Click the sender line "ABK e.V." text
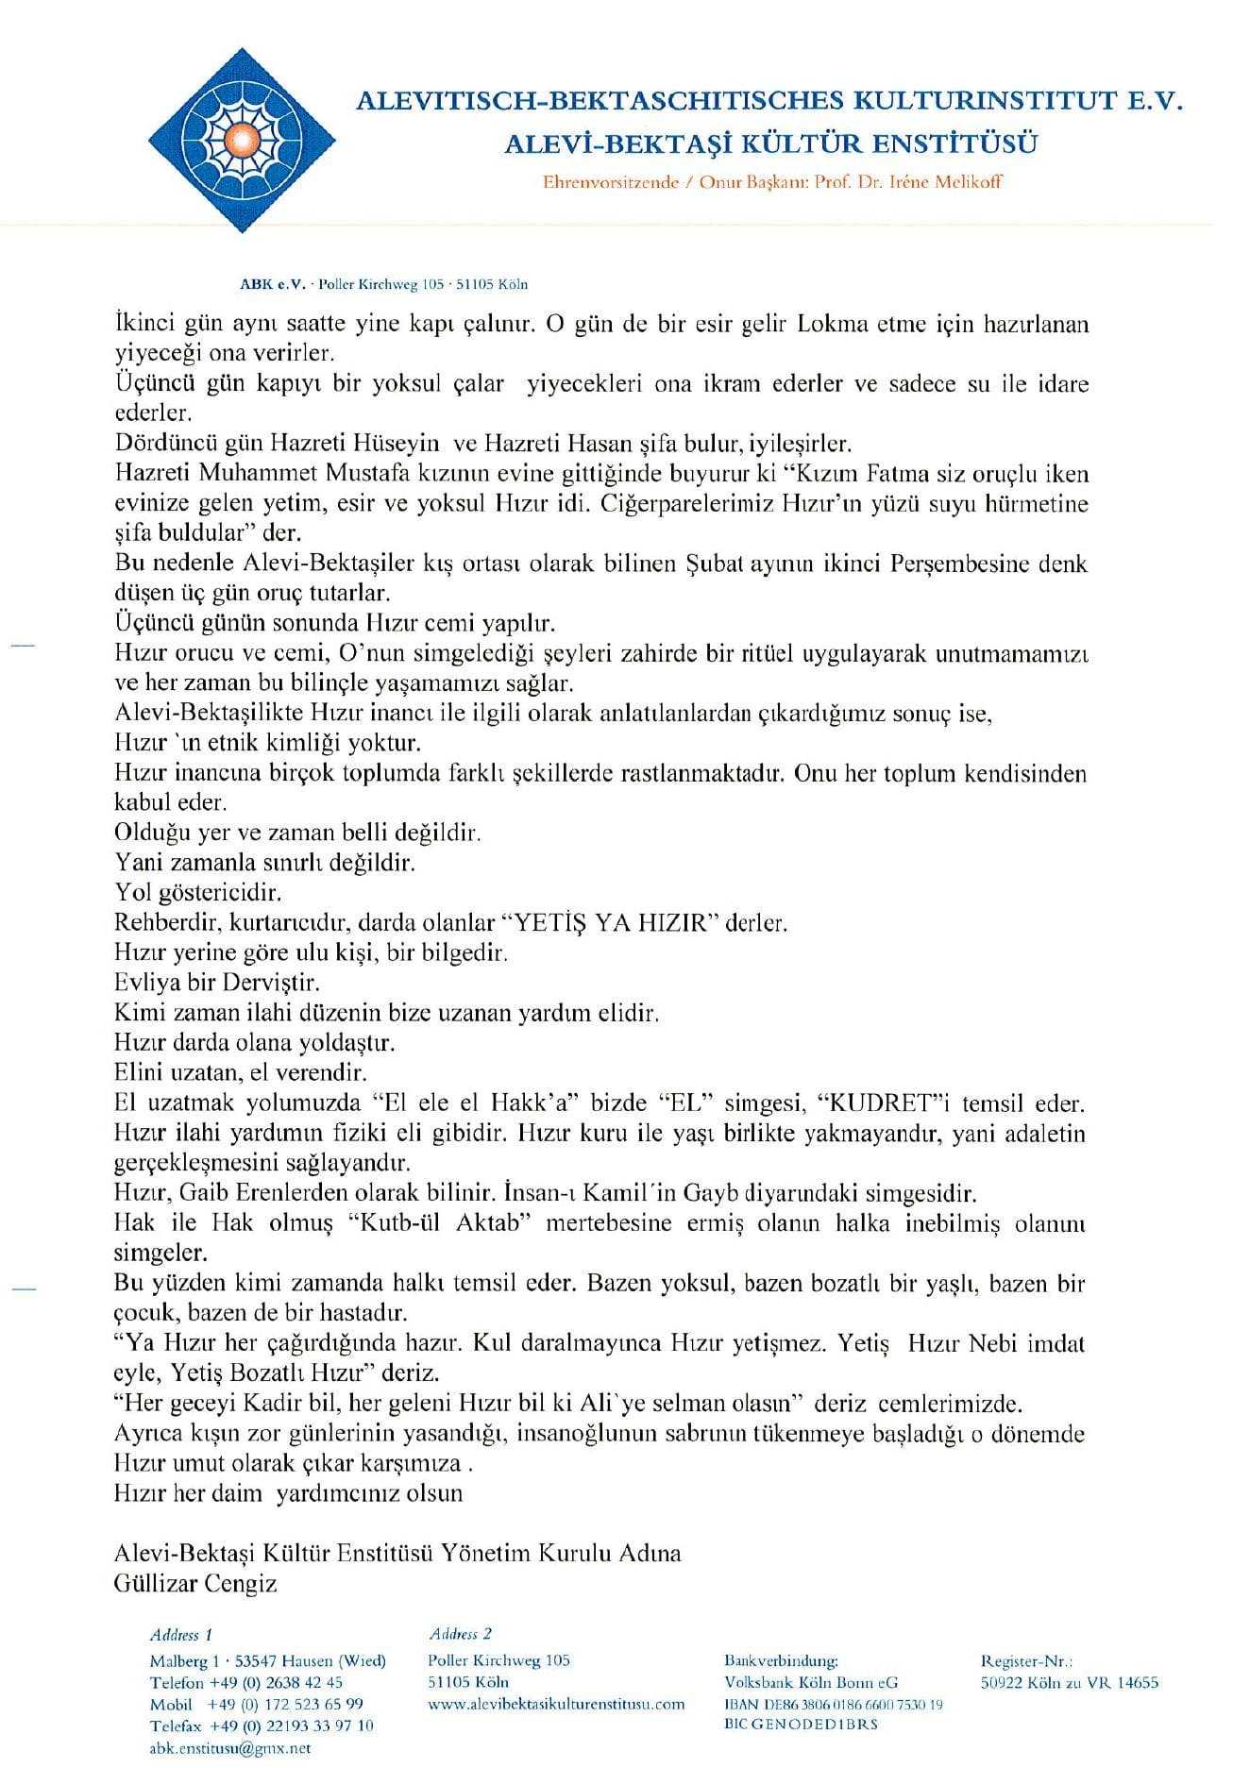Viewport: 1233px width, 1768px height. [274, 284]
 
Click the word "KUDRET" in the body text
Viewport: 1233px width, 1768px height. [883, 1103]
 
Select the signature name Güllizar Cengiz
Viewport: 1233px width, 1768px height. [195, 1583]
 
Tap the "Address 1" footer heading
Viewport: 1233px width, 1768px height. [181, 1634]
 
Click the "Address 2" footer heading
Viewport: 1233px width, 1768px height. [460, 1633]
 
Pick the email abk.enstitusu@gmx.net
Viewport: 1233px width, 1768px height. [229, 1748]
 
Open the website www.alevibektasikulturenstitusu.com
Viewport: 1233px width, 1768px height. [556, 1704]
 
